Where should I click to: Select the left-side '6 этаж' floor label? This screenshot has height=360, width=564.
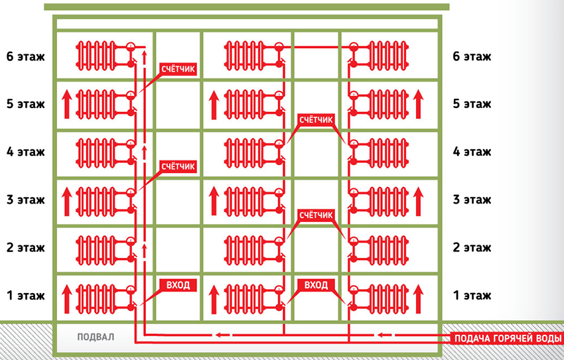[25, 56]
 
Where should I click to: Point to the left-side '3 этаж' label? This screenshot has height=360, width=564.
[25, 199]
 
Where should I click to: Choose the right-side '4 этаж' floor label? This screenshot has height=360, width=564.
[472, 151]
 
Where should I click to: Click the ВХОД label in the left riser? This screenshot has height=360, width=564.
[176, 286]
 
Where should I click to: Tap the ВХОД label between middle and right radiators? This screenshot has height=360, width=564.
[317, 286]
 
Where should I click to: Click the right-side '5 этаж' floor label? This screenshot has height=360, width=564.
[472, 103]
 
